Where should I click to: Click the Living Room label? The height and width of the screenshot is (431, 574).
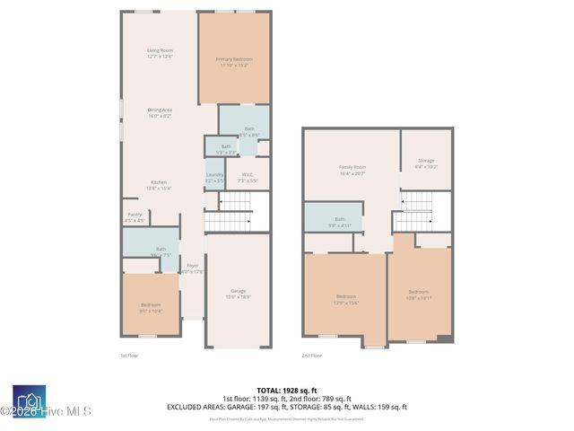160,53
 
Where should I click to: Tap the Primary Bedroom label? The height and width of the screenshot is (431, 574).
233,62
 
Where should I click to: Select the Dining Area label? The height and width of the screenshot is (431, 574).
160,112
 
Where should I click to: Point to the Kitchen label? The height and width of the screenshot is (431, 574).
159,185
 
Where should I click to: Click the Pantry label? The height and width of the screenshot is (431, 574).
135,216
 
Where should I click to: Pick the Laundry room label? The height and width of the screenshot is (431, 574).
214,177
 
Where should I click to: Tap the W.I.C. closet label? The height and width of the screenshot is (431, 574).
248,178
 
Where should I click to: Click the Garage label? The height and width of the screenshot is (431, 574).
239,293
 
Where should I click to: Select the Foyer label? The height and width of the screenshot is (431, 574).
192,268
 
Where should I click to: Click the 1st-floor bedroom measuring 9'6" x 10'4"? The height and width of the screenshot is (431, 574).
151,307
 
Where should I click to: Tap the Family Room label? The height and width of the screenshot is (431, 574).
352,170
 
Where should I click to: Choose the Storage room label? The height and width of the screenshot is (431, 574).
426,163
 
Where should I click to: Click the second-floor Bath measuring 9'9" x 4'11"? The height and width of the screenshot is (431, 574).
340,221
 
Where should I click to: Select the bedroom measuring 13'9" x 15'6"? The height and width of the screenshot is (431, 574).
346,299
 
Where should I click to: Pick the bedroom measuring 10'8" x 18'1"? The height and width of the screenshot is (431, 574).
419,295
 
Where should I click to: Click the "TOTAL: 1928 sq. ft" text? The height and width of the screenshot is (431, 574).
285,391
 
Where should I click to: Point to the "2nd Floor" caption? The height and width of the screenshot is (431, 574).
312,356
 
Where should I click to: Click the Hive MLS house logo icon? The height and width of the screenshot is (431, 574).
29,400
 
